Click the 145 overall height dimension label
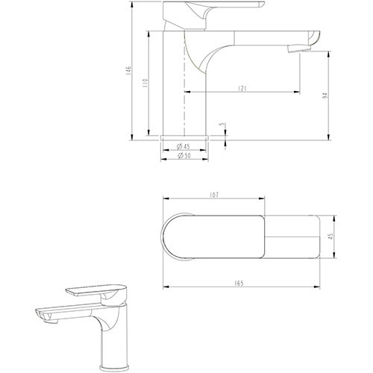coord(128,70)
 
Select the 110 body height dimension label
coord(145,83)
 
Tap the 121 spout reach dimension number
coord(242,88)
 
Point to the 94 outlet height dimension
coord(325,95)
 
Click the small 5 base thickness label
coord(223,124)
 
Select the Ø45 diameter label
coord(184,146)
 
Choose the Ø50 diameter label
coord(184,156)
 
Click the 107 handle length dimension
coord(214,195)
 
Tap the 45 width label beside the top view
coord(331,236)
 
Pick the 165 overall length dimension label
coord(239,283)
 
